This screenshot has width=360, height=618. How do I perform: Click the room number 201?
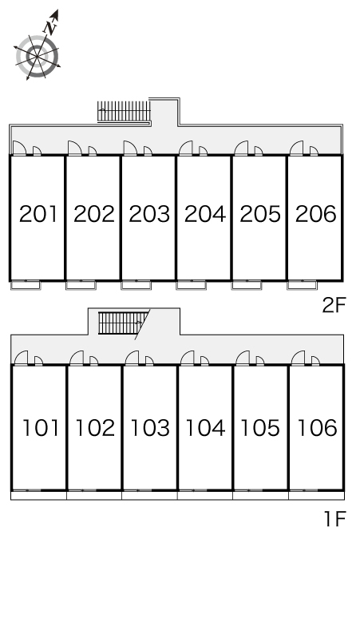point(38,214)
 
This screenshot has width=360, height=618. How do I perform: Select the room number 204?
point(205,214)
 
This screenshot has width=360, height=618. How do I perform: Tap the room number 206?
point(316,214)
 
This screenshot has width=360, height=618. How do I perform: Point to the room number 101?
point(41,428)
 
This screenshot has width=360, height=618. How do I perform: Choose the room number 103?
point(150,428)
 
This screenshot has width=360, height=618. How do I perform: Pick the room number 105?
point(260,428)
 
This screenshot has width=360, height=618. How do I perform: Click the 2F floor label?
point(334,305)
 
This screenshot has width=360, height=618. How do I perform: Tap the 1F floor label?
point(334,519)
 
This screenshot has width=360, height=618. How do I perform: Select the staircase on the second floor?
point(124,112)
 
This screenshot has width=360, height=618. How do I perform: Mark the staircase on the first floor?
point(123,323)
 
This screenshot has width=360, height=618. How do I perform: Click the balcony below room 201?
point(26,285)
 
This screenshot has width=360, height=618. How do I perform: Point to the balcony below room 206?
point(302,285)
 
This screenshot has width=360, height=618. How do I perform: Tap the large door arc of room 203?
point(130,148)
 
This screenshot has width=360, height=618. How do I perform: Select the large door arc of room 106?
point(299,358)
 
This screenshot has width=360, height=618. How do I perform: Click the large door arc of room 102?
point(77,358)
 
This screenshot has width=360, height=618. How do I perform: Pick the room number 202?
point(93,214)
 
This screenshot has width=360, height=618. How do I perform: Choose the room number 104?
point(205,428)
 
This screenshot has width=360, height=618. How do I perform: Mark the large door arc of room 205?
point(241,148)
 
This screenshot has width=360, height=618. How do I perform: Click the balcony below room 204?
point(192,285)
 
